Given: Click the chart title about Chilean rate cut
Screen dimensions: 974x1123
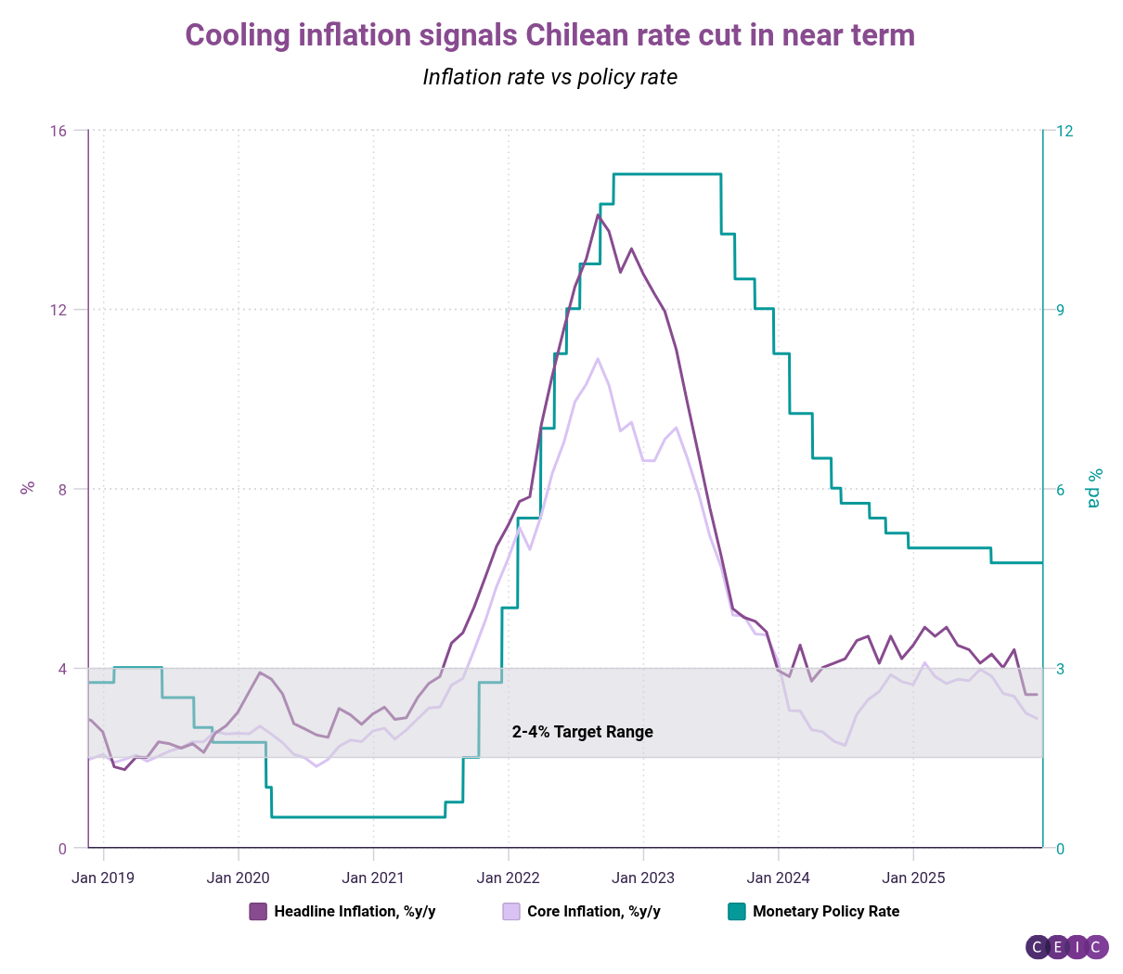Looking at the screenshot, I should click(x=549, y=35).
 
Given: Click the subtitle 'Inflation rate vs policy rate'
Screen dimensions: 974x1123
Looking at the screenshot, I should click(x=549, y=77).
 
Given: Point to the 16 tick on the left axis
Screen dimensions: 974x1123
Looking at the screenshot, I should click(x=58, y=131).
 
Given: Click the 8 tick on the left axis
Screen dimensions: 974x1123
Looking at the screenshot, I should click(x=61, y=489).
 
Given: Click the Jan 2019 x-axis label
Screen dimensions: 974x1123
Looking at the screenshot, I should click(x=103, y=878).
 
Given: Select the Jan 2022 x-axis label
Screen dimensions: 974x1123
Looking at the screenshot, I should click(x=508, y=878).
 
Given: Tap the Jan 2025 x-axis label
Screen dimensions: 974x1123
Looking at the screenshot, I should click(x=913, y=878).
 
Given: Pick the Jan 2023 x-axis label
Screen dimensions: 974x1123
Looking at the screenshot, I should click(x=643, y=878).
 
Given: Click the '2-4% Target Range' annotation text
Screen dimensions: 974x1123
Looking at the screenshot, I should click(x=583, y=732).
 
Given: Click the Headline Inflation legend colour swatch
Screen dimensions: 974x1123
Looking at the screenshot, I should click(x=258, y=911).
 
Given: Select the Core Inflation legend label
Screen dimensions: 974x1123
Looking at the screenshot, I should click(x=594, y=911).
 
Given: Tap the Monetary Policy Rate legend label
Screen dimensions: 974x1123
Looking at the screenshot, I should click(x=826, y=911).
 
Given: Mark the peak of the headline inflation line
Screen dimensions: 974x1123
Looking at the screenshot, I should click(x=599, y=214).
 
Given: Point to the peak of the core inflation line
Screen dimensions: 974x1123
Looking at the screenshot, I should click(x=598, y=358).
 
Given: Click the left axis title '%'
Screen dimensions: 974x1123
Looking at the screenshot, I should click(x=28, y=488).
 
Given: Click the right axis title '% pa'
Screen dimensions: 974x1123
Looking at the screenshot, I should click(x=1095, y=488).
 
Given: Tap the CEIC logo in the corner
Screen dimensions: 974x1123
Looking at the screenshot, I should click(x=1067, y=947).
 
